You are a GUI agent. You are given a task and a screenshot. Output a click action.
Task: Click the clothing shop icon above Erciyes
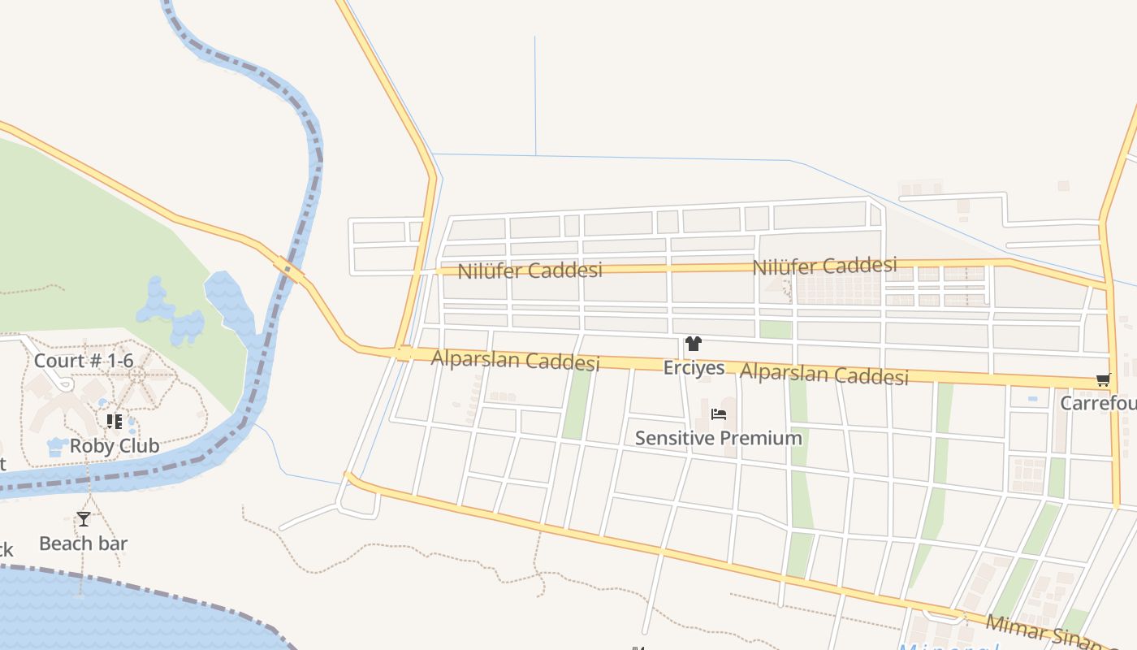(693, 344)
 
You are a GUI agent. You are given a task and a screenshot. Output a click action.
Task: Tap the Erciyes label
(694, 368)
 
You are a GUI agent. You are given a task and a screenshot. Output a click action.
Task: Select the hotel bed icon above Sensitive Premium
(718, 414)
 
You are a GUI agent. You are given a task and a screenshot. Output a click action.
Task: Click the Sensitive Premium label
(718, 438)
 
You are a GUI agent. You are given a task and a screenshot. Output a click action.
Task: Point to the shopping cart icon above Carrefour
(1103, 380)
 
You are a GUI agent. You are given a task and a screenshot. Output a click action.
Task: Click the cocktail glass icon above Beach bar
(83, 519)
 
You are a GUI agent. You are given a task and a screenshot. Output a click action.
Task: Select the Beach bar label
(83, 544)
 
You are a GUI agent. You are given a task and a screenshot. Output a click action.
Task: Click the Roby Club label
(115, 446)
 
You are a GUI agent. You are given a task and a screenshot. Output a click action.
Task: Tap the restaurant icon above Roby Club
(115, 422)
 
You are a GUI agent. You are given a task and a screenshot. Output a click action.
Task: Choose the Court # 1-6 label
(84, 360)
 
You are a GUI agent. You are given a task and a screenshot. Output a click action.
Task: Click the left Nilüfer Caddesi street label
(530, 271)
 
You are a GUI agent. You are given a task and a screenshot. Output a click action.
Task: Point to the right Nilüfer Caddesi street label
(824, 266)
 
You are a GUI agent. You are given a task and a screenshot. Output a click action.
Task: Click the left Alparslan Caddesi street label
(515, 360)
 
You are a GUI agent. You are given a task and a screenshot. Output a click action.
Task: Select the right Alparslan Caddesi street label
(824, 374)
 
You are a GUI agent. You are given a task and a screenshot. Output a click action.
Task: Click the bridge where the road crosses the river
(289, 270)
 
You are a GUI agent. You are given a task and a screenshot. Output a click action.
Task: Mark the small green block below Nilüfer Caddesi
(776, 329)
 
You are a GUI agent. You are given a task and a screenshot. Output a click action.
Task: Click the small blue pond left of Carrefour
(1032, 399)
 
